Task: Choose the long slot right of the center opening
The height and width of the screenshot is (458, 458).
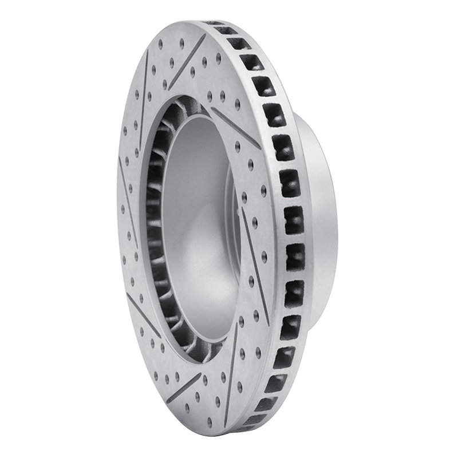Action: coord(254,258)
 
